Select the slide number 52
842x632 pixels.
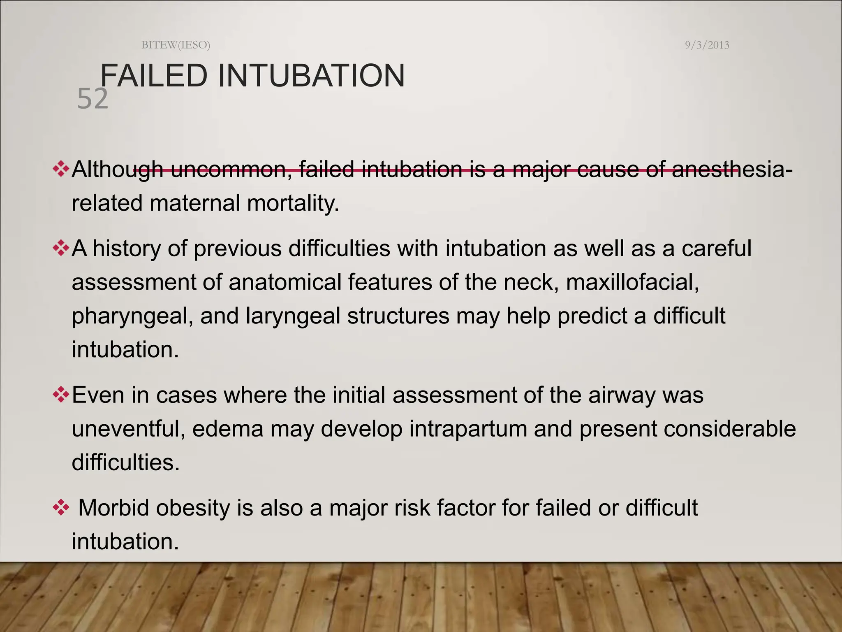coord(93,99)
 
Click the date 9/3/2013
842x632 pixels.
coord(707,45)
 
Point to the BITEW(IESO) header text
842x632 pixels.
coord(176,45)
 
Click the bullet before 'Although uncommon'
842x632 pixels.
coord(60,170)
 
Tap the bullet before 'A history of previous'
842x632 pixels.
coord(60,249)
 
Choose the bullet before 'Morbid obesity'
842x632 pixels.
coord(60,508)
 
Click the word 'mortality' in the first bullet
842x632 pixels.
coord(293,203)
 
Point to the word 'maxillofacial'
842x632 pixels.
coord(632,282)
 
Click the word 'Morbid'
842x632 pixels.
coord(113,508)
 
